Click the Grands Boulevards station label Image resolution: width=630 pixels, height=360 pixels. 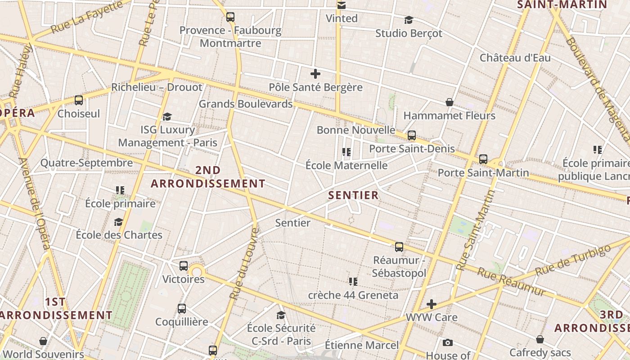[246, 104]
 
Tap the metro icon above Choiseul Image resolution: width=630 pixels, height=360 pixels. [79, 100]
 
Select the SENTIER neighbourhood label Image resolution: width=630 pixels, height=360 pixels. [353, 195]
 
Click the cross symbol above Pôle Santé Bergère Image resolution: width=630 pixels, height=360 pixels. [315, 74]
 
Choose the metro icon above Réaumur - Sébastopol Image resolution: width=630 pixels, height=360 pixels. [399, 247]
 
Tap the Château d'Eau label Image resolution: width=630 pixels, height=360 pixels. [515, 58]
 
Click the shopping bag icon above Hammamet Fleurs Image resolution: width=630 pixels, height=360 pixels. [449, 102]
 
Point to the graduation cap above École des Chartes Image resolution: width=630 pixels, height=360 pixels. [119, 222]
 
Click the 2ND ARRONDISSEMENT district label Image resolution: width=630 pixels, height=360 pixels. [208, 177]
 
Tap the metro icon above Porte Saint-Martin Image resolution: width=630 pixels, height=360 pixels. [483, 159]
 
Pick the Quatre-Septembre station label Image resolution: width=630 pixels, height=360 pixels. [87, 163]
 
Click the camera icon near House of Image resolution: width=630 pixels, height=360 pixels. [447, 343]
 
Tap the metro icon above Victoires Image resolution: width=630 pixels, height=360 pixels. [184, 265]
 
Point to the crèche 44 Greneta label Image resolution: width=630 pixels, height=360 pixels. [353, 295]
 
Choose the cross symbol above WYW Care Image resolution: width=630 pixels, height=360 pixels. [432, 304]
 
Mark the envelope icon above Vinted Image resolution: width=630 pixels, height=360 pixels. [342, 5]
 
